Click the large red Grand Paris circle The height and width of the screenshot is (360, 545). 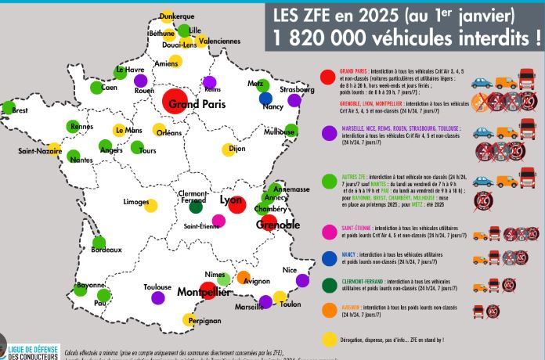pyautogui.click(x=175, y=102)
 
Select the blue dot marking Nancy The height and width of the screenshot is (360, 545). pyautogui.click(x=266, y=98)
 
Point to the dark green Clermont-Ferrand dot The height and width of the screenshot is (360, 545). pyautogui.click(x=196, y=208)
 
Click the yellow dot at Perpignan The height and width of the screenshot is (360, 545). pyautogui.click(x=189, y=319)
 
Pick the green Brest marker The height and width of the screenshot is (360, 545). pyautogui.click(x=9, y=107)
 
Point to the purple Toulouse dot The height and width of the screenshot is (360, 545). pyautogui.click(x=157, y=297)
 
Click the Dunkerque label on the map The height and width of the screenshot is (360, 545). pyautogui.click(x=176, y=16)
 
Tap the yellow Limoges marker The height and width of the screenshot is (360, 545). pyautogui.click(x=151, y=206)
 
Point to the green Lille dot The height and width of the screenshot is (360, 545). pyautogui.click(x=185, y=31)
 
